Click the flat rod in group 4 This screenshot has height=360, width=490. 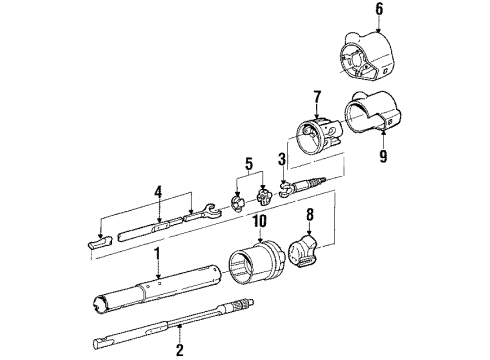coord(151,229)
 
